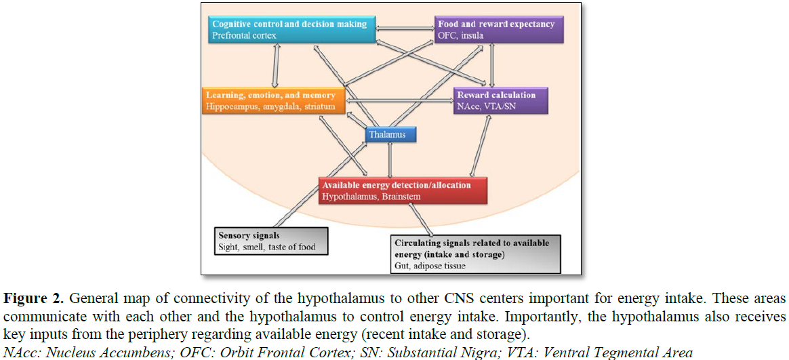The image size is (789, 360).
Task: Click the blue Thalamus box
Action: (390, 135)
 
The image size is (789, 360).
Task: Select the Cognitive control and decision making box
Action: (291, 29)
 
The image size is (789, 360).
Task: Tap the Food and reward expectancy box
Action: (499, 29)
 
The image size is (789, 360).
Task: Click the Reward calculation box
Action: (500, 100)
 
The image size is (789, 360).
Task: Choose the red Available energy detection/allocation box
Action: (404, 191)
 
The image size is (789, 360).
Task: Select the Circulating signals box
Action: (475, 254)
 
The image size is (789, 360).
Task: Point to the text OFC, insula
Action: (461, 35)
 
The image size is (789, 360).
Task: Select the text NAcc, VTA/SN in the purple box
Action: (486, 106)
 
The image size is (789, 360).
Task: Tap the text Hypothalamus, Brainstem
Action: (371, 197)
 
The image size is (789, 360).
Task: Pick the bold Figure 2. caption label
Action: (33, 298)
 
